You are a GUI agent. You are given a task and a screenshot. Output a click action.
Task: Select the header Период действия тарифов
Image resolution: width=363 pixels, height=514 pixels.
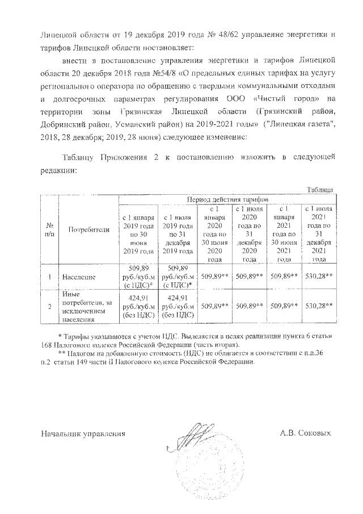[x=226, y=200]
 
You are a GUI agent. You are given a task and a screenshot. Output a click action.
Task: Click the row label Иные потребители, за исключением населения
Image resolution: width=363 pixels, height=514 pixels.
[x=86, y=305]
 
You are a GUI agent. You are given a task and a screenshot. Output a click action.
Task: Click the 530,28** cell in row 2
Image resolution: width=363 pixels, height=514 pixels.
[x=318, y=305]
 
